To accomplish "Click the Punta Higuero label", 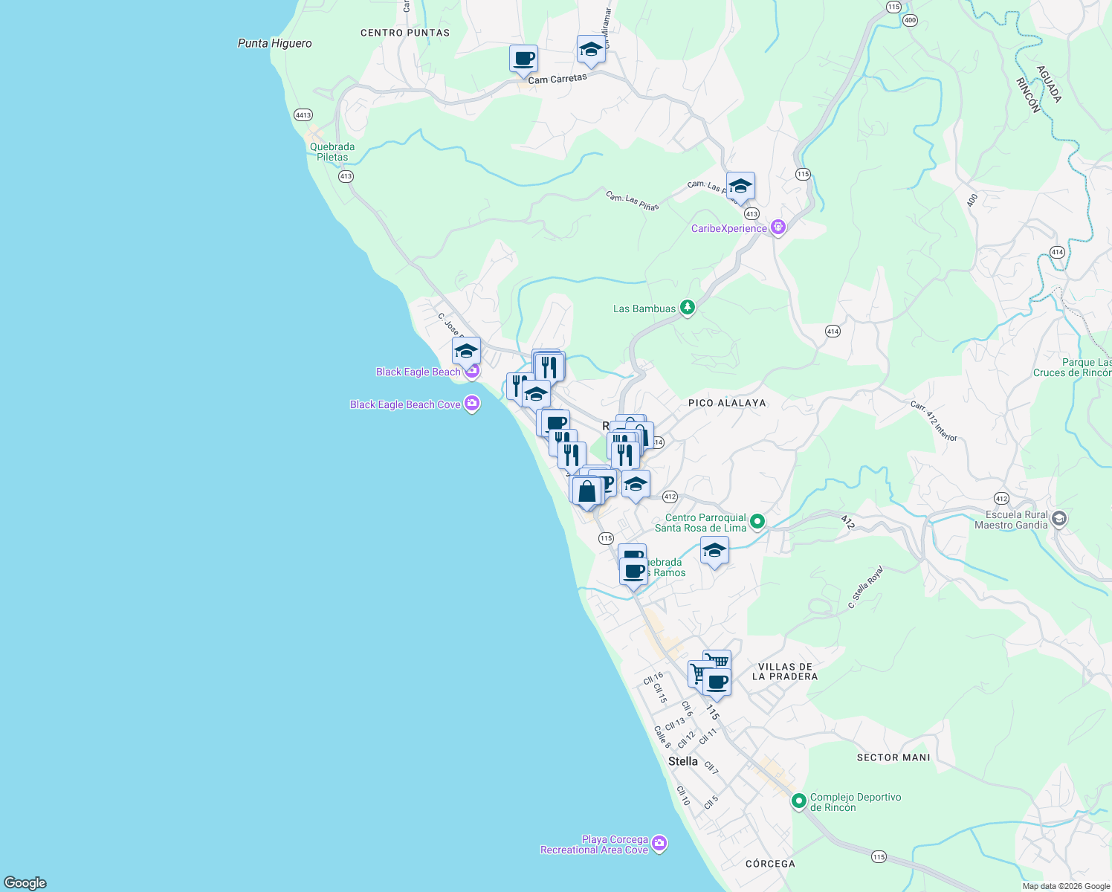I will (x=274, y=43).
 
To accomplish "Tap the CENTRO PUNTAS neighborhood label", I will (x=404, y=33).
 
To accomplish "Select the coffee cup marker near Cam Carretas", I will (x=523, y=58).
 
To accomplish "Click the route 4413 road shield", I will (x=303, y=115).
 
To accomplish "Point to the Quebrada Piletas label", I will (x=332, y=152).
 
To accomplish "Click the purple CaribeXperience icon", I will (x=778, y=227).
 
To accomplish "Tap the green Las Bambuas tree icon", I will (x=688, y=308).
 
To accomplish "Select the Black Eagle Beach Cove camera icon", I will (x=471, y=404).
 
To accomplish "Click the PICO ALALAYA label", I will (x=726, y=403).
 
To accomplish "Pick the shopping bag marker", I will (x=586, y=491).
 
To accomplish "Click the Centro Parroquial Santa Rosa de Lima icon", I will (x=757, y=522).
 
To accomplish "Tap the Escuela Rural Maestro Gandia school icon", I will (x=1059, y=519).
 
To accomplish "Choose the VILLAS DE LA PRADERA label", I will (x=785, y=671).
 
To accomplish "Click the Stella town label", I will (x=682, y=761).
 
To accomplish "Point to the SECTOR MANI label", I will (x=893, y=757).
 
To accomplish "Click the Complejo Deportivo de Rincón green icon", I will (x=799, y=801).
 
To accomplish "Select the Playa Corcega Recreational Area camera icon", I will (x=659, y=844).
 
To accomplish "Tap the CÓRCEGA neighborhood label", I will (x=770, y=864).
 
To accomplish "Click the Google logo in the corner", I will (x=25, y=882).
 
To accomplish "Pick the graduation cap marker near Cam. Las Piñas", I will (x=740, y=185).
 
